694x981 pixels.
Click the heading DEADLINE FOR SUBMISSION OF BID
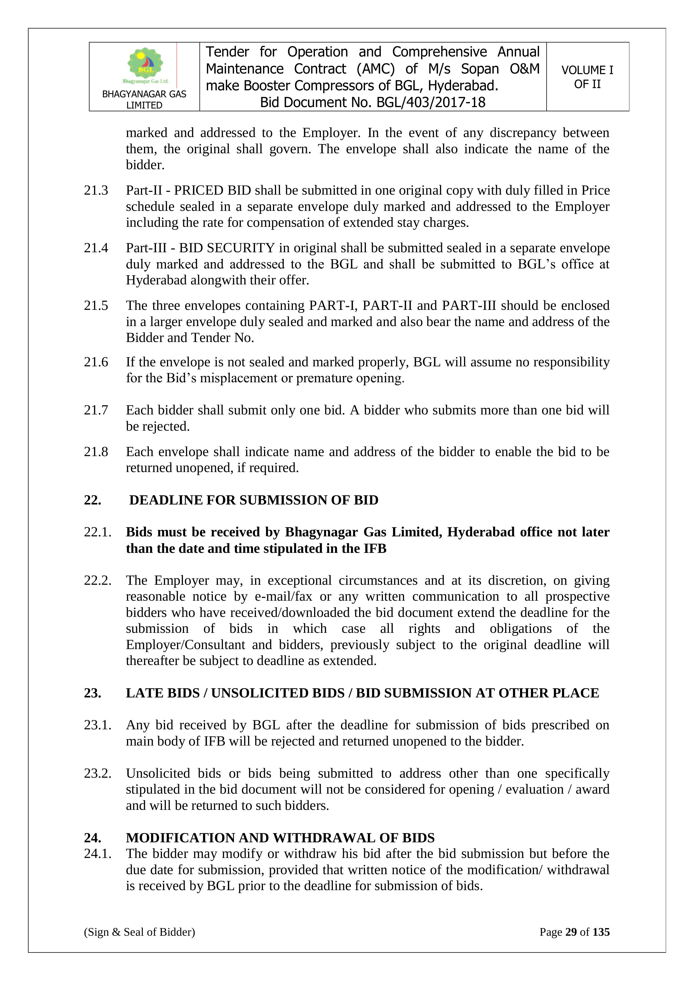point(253,500)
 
